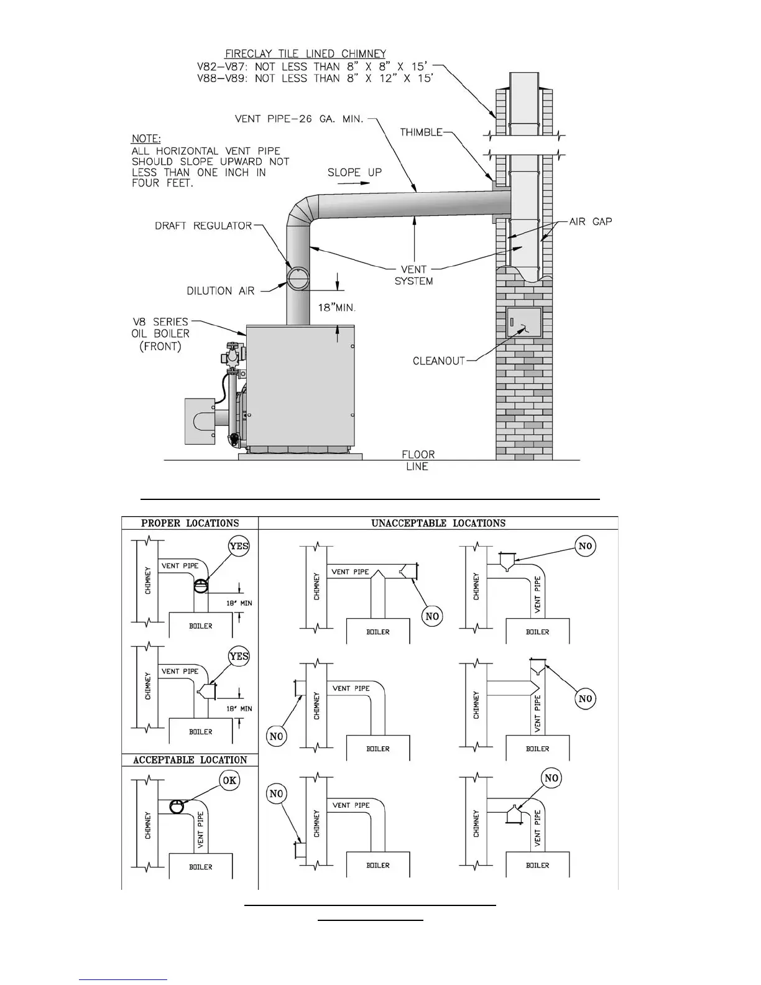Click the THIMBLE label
421,132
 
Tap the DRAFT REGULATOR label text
203,226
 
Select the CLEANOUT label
439,361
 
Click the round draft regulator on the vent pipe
298,277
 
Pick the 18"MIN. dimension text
336,308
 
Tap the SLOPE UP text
354,172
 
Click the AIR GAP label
591,221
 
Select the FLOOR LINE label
418,460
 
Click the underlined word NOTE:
146,139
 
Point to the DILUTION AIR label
221,291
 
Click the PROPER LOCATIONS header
190,523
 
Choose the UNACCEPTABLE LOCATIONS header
438,523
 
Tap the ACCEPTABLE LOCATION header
190,760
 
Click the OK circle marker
229,780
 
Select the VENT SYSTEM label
413,275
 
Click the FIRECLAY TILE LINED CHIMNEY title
305,54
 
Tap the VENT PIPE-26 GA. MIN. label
298,118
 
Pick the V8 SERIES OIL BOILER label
160,333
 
